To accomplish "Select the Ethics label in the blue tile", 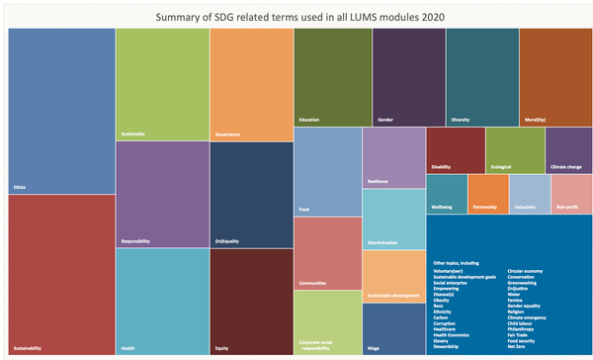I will pos(20,186).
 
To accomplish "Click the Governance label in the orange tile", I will pos(229,134).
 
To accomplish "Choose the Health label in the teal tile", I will pos(128,348).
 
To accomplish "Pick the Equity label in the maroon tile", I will pos(222,348).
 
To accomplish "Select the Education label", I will pos(310,120).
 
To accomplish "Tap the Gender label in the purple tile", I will pos(386,120).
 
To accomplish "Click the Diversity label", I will pos(461,120).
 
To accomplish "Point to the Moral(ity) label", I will pos(538,120).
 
